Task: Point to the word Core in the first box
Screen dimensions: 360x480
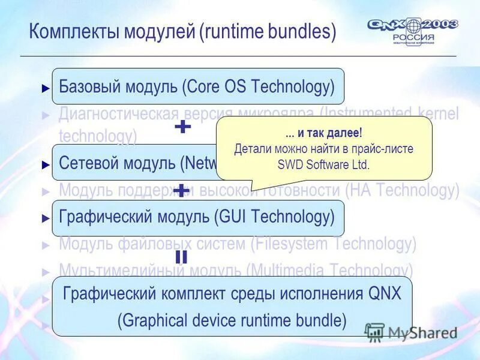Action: tap(204, 86)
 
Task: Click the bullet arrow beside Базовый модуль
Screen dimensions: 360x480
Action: tap(46, 88)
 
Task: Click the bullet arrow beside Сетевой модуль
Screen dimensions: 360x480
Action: tap(46, 164)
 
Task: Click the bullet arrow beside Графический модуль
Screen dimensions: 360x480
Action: tap(46, 219)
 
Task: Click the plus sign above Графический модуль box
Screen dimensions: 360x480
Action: tap(182, 191)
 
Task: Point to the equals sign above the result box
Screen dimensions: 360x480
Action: tap(181, 257)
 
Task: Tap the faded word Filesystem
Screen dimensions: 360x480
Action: tap(292, 244)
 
